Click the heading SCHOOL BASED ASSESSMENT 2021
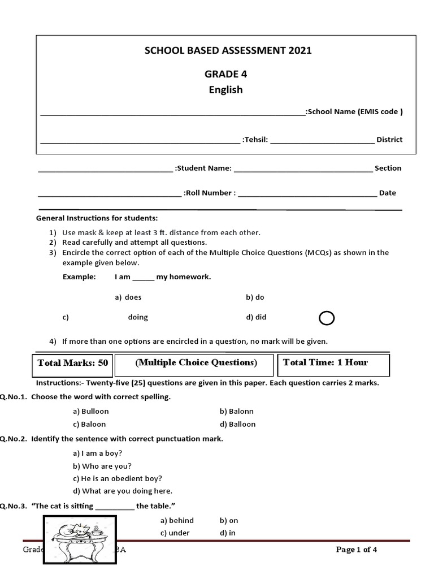(228, 50)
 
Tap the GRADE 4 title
(225, 74)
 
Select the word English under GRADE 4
(225, 89)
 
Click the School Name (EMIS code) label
(354, 111)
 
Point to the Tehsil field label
(255, 140)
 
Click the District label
(389, 140)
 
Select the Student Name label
(203, 168)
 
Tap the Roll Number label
(209, 193)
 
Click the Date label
(387, 193)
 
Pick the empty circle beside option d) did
(327, 319)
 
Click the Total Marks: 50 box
(72, 363)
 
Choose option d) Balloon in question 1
(238, 424)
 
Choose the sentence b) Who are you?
(102, 466)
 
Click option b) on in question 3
(229, 520)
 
